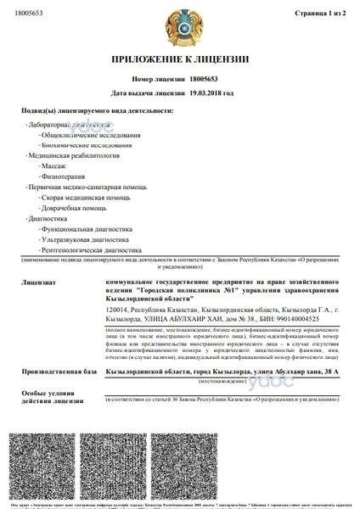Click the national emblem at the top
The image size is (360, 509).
pos(181,25)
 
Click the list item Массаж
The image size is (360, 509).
pos(53,168)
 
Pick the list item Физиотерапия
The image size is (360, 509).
pos(60,180)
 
